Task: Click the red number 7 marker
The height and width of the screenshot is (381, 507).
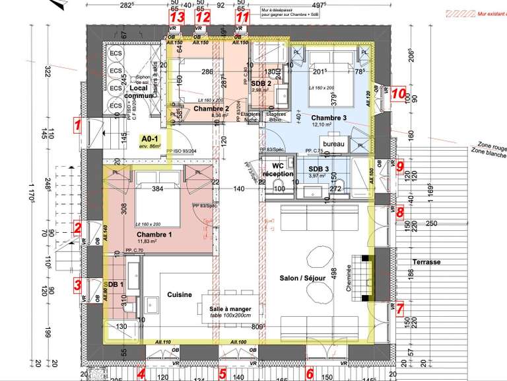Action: [399, 308]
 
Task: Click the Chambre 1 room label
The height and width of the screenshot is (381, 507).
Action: [154, 235]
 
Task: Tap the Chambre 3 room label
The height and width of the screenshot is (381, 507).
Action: [329, 118]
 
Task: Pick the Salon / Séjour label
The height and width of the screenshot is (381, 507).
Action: [304, 278]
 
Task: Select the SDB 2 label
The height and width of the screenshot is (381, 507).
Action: [260, 83]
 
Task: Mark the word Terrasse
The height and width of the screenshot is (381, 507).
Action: [425, 262]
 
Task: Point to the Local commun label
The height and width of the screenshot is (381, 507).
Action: [141, 92]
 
